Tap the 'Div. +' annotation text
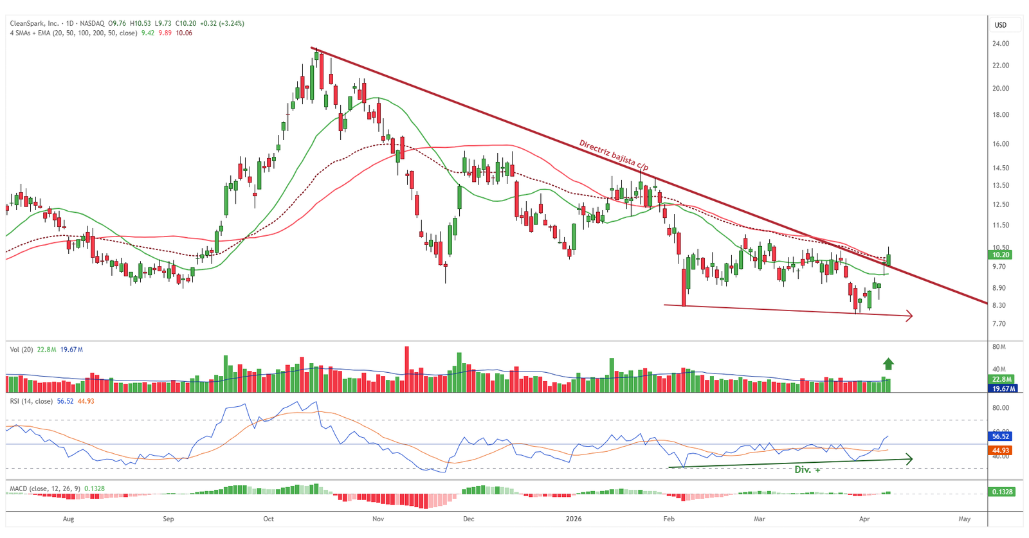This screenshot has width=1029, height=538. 807,470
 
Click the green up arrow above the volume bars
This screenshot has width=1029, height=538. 888,364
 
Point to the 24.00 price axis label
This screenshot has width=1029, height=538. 1000,44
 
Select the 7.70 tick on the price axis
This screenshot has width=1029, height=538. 999,324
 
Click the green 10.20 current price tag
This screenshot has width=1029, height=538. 1001,255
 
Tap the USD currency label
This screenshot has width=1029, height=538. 1001,25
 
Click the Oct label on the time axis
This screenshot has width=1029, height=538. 268,519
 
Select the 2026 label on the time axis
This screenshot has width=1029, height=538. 574,519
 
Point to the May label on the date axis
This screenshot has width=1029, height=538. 964,519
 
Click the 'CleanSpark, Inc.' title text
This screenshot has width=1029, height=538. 34,23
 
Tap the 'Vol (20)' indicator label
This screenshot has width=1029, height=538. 21,350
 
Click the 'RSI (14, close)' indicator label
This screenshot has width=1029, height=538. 31,401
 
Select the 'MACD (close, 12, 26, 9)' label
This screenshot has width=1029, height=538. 44,489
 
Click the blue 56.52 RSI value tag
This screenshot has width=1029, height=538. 1001,436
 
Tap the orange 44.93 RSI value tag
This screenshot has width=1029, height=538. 1001,451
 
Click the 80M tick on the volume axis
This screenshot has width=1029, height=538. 999,347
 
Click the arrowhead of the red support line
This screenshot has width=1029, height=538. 909,315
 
